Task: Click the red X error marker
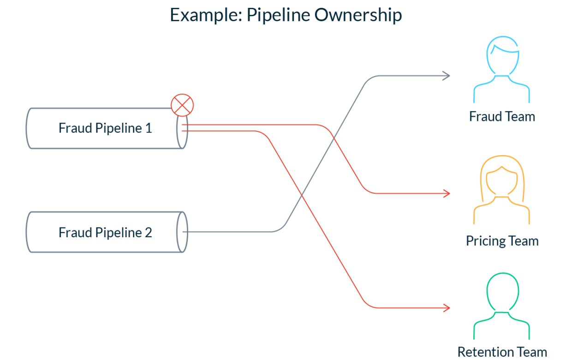(182, 105)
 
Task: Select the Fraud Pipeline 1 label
(105, 128)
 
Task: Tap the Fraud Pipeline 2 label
(105, 232)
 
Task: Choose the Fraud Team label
(502, 116)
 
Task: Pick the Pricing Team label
(502, 241)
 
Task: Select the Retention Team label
(502, 352)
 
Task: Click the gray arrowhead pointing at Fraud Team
(446, 76)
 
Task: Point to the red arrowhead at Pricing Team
(446, 193)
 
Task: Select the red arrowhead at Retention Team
(446, 307)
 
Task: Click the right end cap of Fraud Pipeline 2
(183, 232)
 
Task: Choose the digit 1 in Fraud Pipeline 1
(148, 128)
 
